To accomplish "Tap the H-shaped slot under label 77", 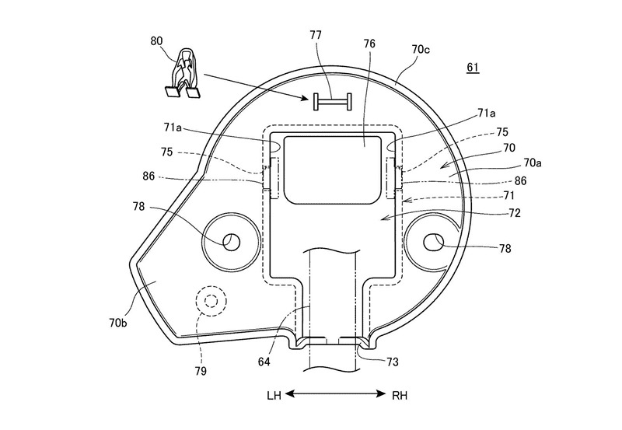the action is click(333, 102).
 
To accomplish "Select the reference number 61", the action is click(473, 68).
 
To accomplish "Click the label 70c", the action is click(421, 50).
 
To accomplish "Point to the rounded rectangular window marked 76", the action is click(334, 170).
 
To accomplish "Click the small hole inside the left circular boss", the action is click(232, 243).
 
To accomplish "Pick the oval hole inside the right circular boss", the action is click(434, 243).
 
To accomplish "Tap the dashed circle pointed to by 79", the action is click(211, 301).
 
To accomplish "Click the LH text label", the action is click(274, 396).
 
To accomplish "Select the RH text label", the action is click(400, 396).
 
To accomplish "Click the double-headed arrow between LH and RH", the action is click(335, 394).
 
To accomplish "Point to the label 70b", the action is click(118, 323).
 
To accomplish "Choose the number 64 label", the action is click(264, 362).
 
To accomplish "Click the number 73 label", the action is click(392, 362).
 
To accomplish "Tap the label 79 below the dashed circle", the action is click(201, 371).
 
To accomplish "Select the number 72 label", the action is click(514, 213).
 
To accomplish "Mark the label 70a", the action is click(533, 163).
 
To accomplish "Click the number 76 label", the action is click(369, 44).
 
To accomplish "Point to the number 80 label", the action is click(157, 41).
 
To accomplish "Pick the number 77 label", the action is click(316, 35).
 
